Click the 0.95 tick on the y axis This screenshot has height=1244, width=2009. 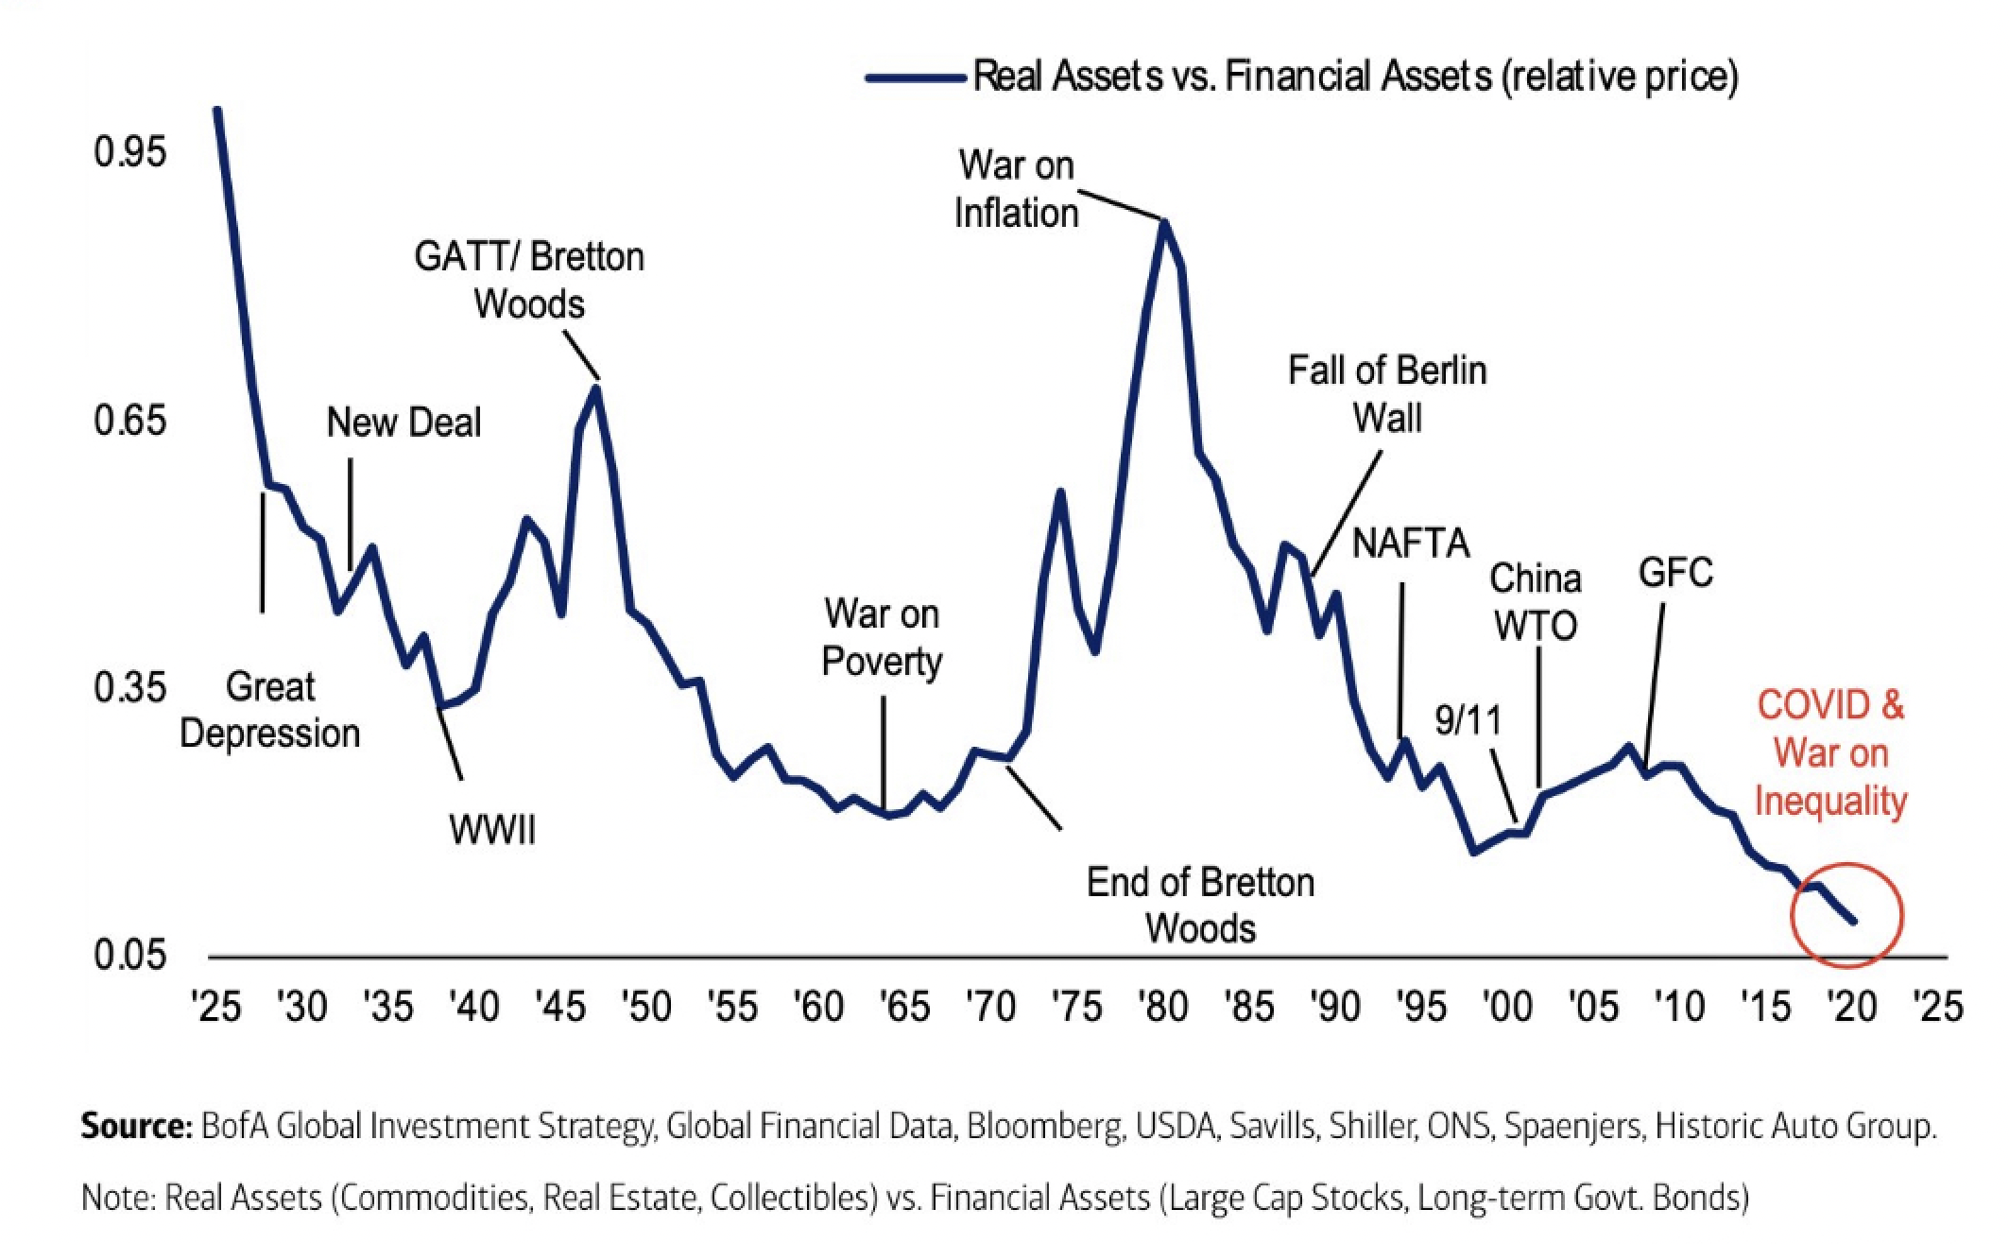129,151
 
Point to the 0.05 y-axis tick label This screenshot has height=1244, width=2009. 129,956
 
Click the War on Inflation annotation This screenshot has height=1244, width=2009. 1016,189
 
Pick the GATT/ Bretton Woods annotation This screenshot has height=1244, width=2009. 529,281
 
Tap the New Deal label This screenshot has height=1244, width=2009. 404,423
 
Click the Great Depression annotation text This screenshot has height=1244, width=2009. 270,710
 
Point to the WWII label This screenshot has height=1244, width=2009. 492,830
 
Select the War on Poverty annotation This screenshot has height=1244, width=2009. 882,637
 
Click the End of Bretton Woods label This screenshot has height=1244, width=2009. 1200,906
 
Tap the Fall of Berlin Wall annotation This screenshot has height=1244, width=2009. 1387,394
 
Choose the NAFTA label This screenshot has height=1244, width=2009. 1411,544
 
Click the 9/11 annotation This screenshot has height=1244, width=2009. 1467,720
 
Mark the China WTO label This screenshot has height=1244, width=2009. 1536,602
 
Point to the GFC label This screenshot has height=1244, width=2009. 1675,573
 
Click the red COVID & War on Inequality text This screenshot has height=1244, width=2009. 1830,753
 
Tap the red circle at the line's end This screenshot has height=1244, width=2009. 1847,914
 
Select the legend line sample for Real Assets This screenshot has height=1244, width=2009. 915,78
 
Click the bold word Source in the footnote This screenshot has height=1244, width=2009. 136,1127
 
